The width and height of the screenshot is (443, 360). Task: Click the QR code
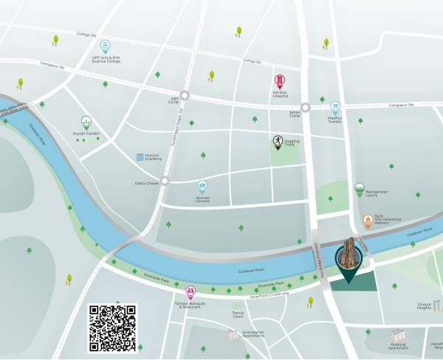[112, 328]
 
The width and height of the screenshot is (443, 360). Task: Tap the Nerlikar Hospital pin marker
[279, 81]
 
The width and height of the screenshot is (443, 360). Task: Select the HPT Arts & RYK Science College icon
[105, 46]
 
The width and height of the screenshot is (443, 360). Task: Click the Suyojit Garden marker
[86, 122]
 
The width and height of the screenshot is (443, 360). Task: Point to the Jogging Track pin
[276, 142]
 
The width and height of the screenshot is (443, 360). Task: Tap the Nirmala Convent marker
[202, 187]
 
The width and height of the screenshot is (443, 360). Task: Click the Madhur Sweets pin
[335, 108]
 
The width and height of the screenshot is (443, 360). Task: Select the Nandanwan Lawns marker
[360, 189]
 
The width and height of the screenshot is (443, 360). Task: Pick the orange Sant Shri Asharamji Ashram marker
[368, 221]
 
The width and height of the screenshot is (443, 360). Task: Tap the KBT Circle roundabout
[185, 95]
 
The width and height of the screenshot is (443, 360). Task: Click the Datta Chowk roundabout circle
[165, 180]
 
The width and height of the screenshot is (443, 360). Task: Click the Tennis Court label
[237, 314]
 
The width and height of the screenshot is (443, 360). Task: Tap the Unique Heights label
[424, 305]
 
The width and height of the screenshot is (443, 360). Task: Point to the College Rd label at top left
[87, 33]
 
